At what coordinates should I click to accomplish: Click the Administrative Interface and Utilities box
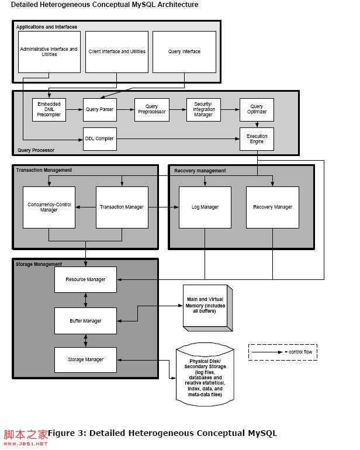(49, 52)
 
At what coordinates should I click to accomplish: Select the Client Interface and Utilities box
(117, 52)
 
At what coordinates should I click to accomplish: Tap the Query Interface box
(184, 52)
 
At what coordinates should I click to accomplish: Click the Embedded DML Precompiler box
(49, 109)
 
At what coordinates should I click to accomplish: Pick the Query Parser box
(100, 109)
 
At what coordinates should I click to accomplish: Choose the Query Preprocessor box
(151, 109)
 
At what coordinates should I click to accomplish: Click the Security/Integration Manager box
(203, 109)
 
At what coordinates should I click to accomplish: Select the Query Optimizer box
(257, 109)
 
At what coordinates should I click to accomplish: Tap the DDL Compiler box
(100, 139)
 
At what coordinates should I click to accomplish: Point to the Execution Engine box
(257, 139)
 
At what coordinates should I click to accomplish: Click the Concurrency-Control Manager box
(49, 207)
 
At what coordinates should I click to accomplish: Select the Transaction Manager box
(122, 207)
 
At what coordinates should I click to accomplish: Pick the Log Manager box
(205, 207)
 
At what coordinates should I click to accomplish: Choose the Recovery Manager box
(272, 207)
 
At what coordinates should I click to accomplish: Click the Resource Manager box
(85, 279)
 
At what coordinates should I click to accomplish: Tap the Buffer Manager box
(85, 320)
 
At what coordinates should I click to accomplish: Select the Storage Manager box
(85, 359)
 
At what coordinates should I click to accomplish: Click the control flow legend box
(283, 352)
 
